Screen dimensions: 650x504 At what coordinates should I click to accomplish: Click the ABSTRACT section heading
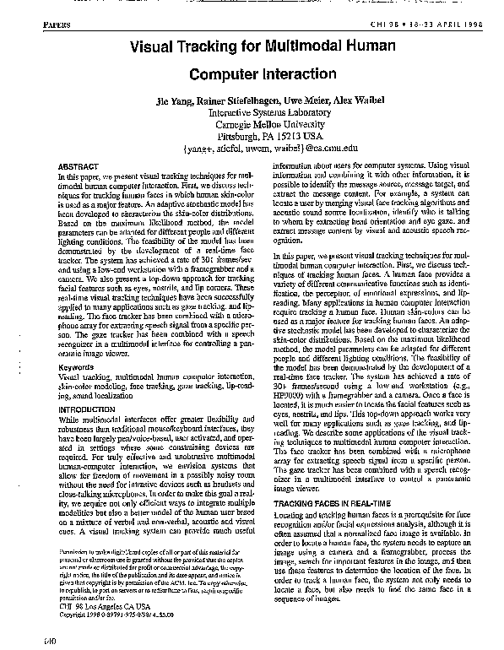78,168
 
